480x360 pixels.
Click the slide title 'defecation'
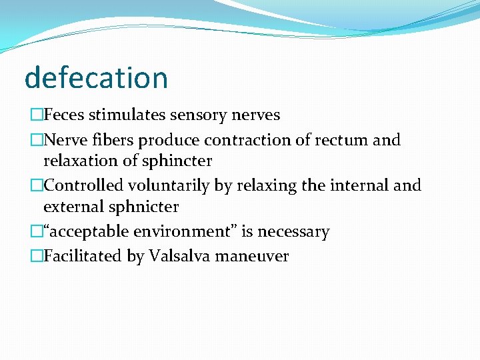96,77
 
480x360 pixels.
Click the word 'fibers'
103,140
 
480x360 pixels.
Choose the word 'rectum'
338,140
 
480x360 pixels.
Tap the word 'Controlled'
83,185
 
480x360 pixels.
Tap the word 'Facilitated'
83,256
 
